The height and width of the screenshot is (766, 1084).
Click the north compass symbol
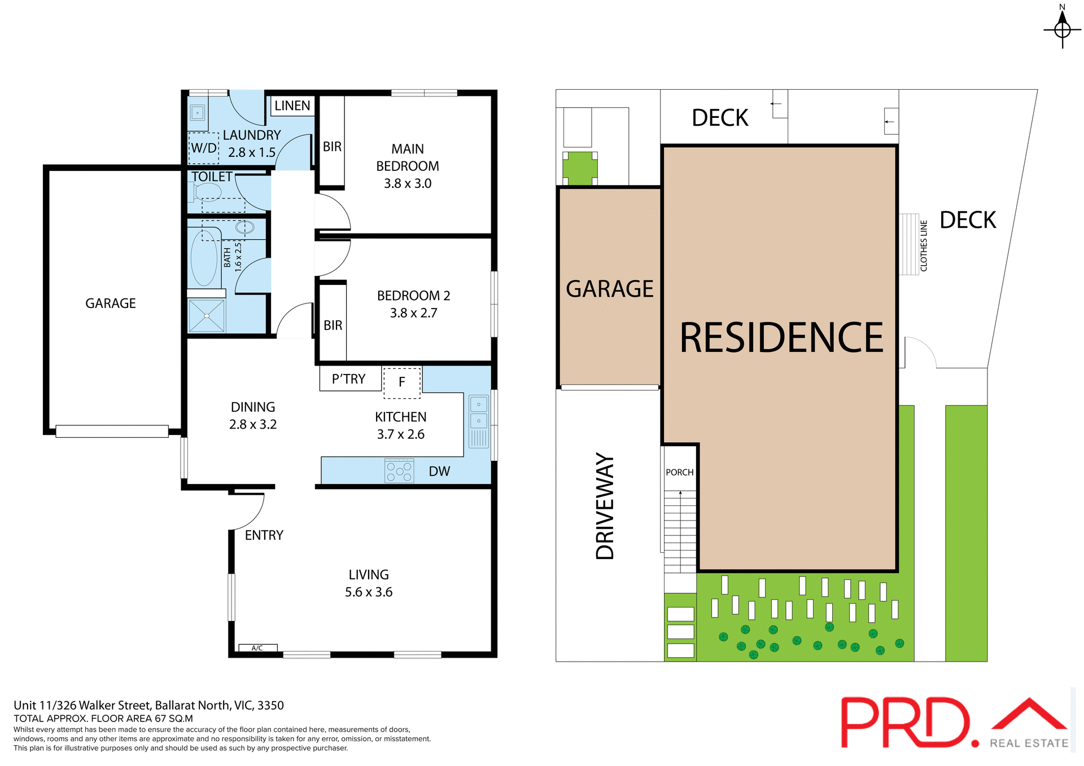[x=1062, y=28]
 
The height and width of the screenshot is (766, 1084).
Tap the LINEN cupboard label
[x=292, y=105]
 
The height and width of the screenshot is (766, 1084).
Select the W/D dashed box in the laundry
[x=203, y=148]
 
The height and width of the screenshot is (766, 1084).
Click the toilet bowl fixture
[x=208, y=192]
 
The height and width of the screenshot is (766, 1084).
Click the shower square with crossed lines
[x=207, y=316]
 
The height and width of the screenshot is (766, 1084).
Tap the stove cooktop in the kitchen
[x=399, y=470]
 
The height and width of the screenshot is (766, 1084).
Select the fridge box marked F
[x=402, y=382]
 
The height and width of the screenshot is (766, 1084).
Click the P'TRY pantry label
[x=348, y=379]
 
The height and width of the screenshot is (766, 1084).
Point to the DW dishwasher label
[x=439, y=472]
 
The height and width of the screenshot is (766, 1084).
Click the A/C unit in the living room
[x=257, y=648]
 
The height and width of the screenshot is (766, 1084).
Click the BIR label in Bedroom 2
[x=333, y=325]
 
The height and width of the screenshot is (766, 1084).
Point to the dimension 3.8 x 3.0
[x=408, y=183]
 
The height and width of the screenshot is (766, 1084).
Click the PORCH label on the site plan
[x=680, y=472]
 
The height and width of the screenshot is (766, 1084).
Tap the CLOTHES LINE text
[x=924, y=246]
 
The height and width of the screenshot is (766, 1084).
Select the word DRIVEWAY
[x=605, y=505]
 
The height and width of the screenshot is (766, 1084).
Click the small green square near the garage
[x=580, y=168]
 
